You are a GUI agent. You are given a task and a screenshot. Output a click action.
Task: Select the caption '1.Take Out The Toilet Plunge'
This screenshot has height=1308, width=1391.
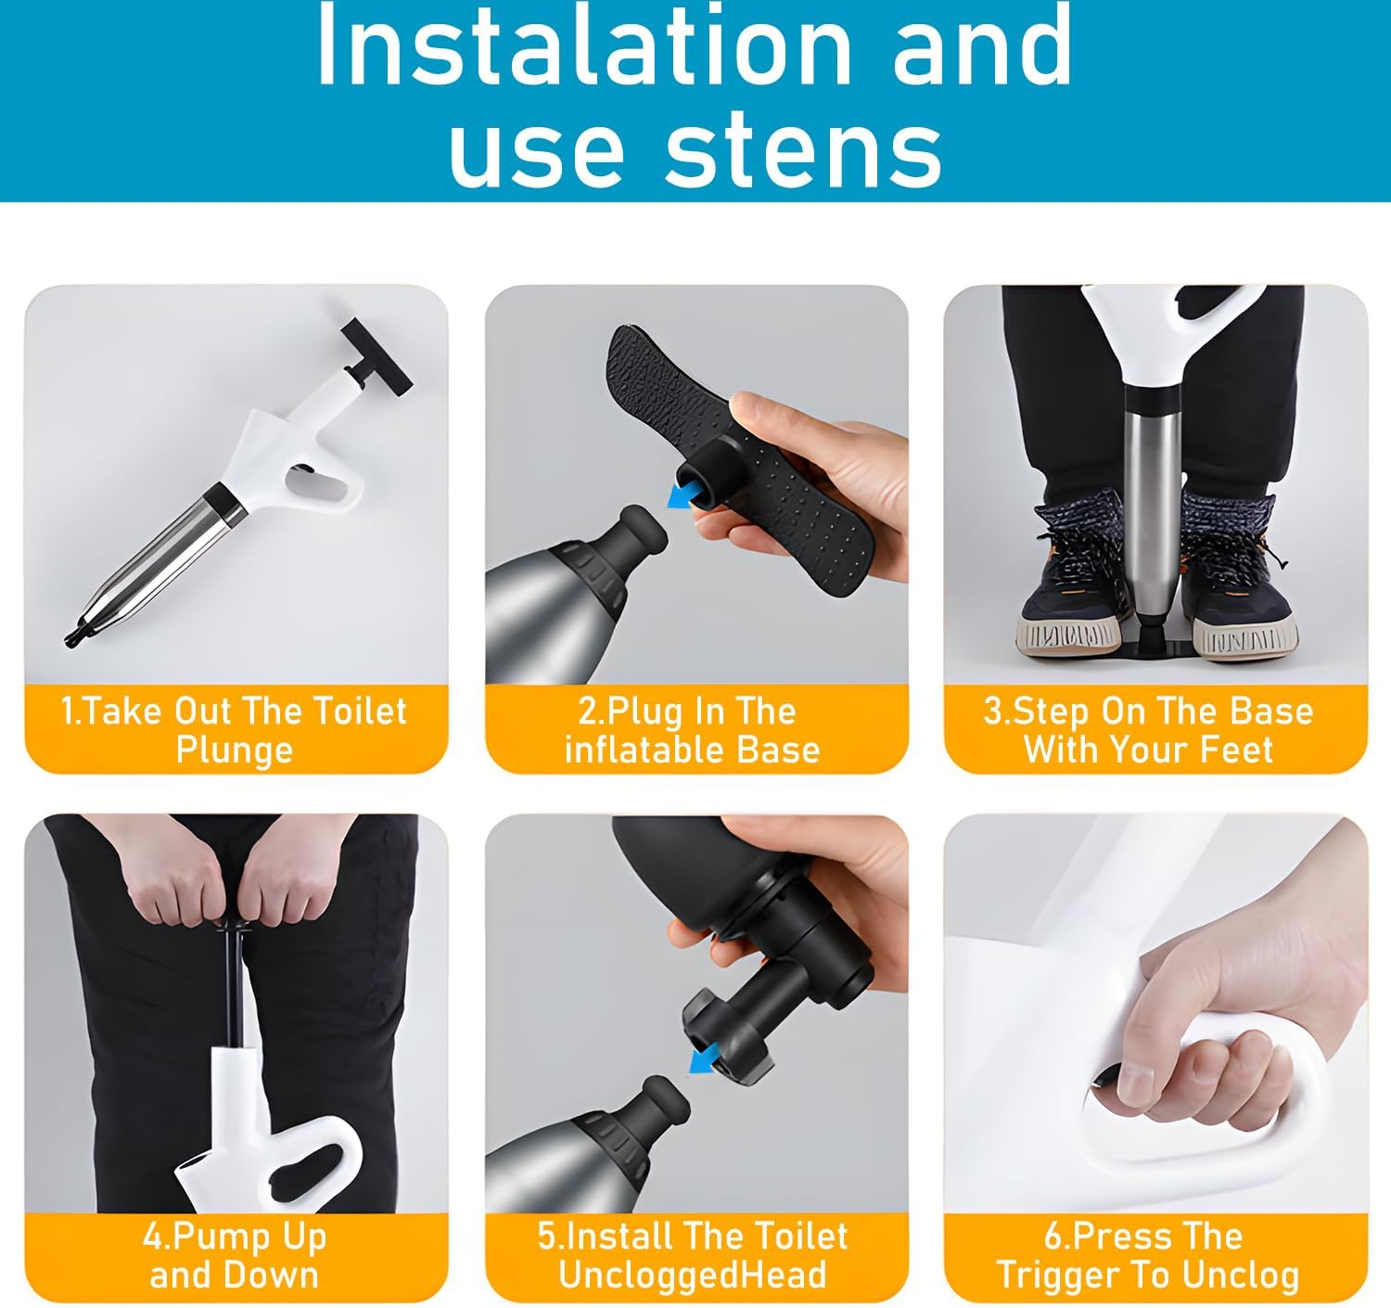click(x=234, y=730)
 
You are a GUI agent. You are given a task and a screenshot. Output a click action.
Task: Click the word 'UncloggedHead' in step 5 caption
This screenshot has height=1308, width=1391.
click(x=692, y=1275)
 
